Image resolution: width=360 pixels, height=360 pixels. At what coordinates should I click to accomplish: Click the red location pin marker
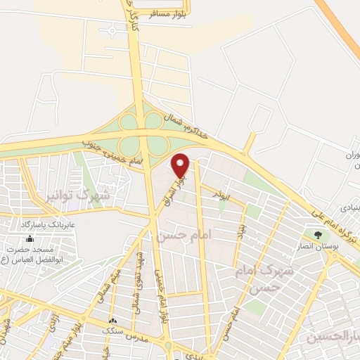pos(181,166)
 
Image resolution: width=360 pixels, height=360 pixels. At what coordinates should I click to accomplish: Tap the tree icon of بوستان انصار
pos(317,235)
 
